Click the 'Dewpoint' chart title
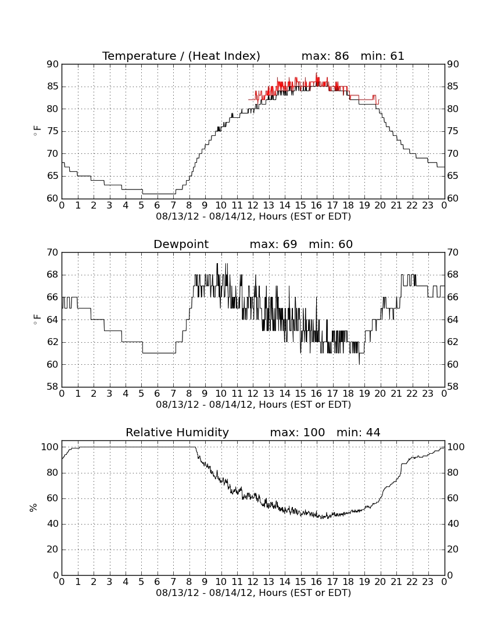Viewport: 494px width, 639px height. click(x=181, y=245)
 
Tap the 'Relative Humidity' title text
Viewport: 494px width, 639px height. click(x=177, y=432)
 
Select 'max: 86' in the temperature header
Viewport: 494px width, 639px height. click(x=325, y=56)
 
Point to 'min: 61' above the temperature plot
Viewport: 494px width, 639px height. click(x=382, y=56)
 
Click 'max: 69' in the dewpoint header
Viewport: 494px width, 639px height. click(x=274, y=245)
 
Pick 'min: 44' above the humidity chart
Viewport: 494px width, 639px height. click(x=358, y=433)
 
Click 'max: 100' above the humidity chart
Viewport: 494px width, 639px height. click(x=298, y=433)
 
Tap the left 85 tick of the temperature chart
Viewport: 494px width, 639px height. click(x=53, y=87)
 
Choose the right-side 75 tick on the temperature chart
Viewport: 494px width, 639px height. click(x=453, y=131)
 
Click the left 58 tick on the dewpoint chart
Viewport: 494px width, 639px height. click(x=53, y=387)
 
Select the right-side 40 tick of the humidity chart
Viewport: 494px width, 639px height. click(x=453, y=524)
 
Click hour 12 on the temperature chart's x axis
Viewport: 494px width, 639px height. click(x=253, y=206)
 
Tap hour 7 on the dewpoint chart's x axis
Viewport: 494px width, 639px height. click(x=173, y=394)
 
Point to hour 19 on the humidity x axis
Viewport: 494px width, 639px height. click(x=364, y=582)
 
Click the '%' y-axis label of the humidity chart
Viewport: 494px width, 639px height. click(x=34, y=508)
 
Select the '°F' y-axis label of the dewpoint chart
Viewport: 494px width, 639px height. click(x=37, y=319)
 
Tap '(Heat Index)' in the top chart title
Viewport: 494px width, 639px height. click(x=224, y=56)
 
